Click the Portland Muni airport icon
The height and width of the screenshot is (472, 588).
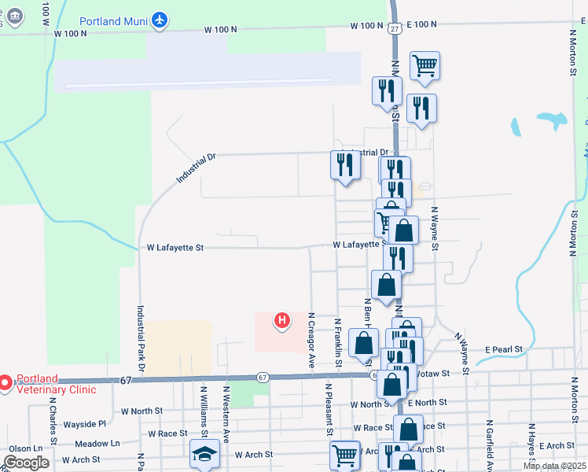pos(160,19)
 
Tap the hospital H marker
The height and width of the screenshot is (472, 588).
pos(281,320)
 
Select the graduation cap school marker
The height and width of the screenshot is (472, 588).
pos(204,453)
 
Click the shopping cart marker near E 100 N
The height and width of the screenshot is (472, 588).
pos(424,65)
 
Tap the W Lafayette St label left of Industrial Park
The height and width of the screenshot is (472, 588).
pos(175,247)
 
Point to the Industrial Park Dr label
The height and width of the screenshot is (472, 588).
pos(141,338)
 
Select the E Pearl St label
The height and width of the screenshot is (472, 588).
pos(503,348)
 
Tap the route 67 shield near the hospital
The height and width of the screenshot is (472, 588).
pos(262,378)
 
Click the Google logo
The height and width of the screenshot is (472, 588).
pos(26,463)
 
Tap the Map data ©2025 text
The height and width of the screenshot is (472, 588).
pos(553,466)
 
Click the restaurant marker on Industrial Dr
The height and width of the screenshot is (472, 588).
pos(345,164)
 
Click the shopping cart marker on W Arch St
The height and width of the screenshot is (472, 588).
pos(345,454)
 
